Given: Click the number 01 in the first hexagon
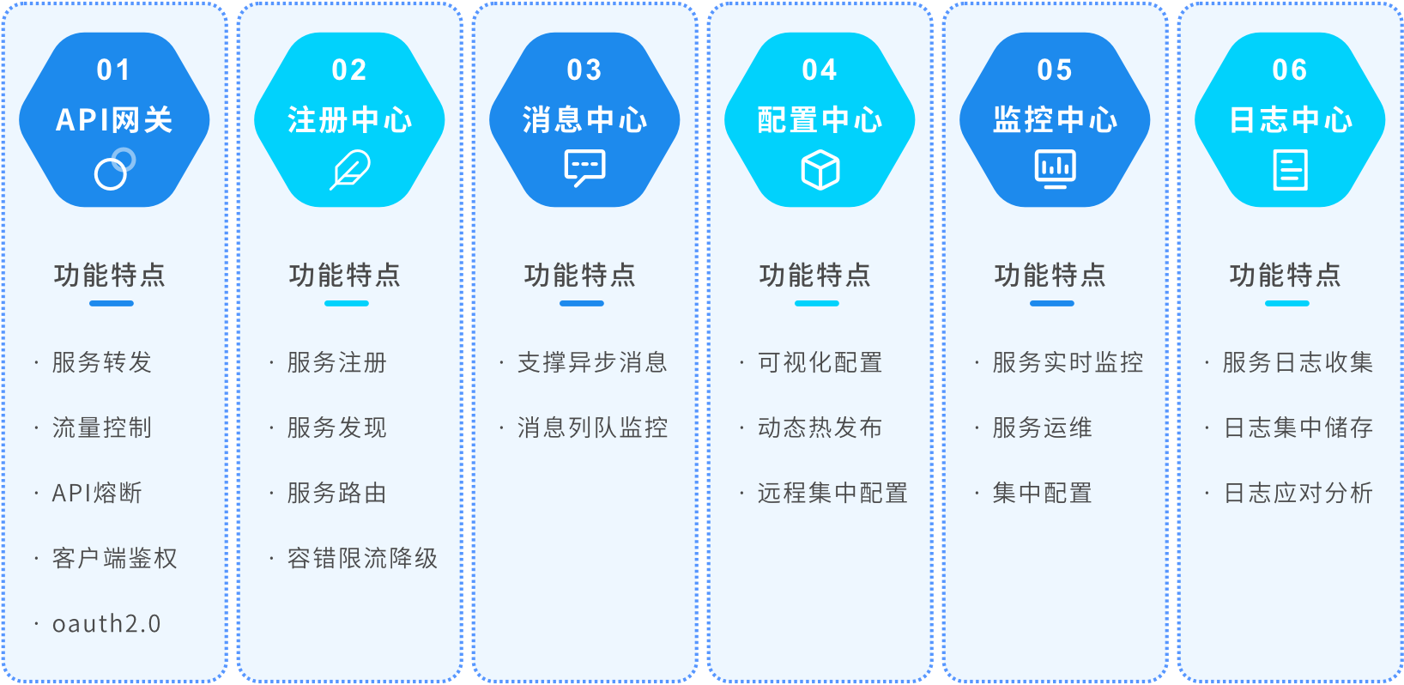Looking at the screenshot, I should point(113,70).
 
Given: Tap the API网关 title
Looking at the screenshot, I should point(114,120).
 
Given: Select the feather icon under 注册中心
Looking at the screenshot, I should point(350,170).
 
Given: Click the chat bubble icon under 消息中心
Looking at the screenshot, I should point(584,168).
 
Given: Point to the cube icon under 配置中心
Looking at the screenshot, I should point(820,170).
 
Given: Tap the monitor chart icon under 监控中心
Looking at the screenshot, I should point(1055,169).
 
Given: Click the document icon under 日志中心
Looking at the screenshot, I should point(1290,170).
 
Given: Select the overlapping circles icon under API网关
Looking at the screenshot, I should point(115,169).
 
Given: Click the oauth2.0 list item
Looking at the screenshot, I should point(106,624).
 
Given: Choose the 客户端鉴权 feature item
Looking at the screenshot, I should point(115,559).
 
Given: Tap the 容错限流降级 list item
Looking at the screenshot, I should point(362,559).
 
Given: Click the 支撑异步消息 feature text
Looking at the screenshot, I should point(592,363).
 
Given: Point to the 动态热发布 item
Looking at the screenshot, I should point(820,428).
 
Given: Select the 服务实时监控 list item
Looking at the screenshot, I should point(1068,363).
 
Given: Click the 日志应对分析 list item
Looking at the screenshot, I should point(1298,494).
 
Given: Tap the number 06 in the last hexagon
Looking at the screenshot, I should point(1290,70).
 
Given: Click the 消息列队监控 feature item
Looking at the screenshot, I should point(592,428).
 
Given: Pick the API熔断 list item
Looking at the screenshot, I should point(97,494).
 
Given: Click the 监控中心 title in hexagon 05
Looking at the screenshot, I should point(1055,120).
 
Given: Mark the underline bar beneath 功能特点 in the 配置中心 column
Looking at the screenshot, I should point(816,303).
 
